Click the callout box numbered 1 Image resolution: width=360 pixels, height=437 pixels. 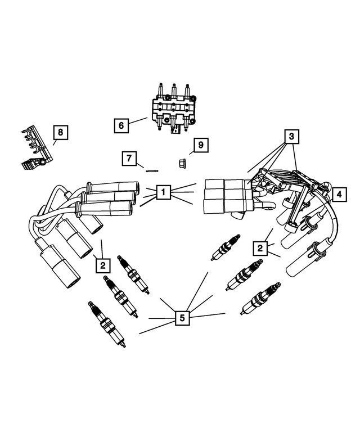point(163,193)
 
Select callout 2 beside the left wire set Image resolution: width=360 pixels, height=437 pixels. point(102,263)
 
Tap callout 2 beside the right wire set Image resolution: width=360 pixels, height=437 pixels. point(260,247)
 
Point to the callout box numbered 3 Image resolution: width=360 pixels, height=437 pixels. point(291,136)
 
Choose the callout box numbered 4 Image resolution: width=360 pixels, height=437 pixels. point(339,194)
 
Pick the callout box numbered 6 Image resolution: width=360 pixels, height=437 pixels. point(121,125)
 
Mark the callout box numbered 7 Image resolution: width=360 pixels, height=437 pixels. point(130,159)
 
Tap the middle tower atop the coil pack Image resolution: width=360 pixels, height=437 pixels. point(174,90)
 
